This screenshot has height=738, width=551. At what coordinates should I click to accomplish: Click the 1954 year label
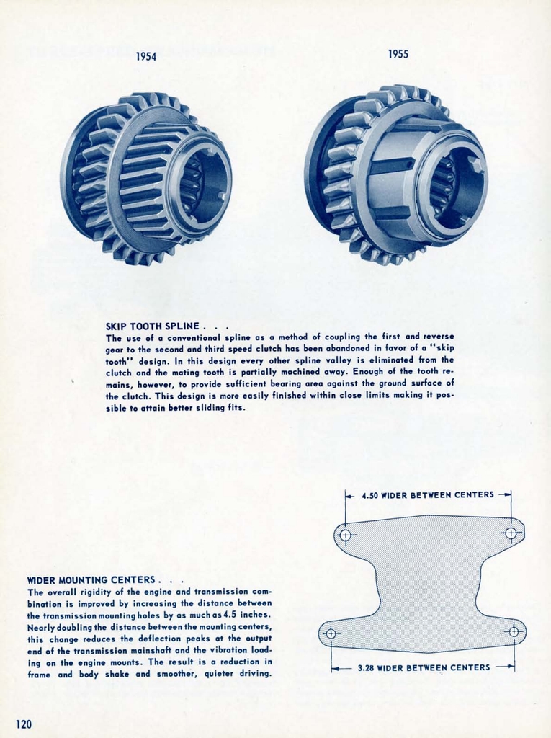pos(146,57)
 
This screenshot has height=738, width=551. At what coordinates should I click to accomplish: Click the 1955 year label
pos(398,54)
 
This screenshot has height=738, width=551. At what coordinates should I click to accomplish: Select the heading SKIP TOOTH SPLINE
pos(151,326)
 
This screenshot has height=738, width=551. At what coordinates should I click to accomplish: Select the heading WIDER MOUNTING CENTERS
pos(91,579)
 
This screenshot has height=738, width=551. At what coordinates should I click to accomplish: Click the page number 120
pos(24,724)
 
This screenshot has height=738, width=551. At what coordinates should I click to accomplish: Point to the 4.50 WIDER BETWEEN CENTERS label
pos(428,495)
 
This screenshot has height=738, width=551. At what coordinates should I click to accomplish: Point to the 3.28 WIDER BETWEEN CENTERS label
pos(424,667)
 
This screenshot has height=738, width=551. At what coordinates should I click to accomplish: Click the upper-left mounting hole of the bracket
pos(345,535)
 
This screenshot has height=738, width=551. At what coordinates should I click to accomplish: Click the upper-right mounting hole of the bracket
pos(511,533)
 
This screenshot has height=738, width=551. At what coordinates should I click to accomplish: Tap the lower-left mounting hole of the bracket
pos(331,633)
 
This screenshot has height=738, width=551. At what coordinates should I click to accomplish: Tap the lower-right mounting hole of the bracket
pos(514,631)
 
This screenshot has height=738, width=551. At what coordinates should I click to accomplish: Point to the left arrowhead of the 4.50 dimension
pos(348,495)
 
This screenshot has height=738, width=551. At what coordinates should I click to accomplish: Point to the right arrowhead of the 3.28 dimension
pos(511,667)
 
